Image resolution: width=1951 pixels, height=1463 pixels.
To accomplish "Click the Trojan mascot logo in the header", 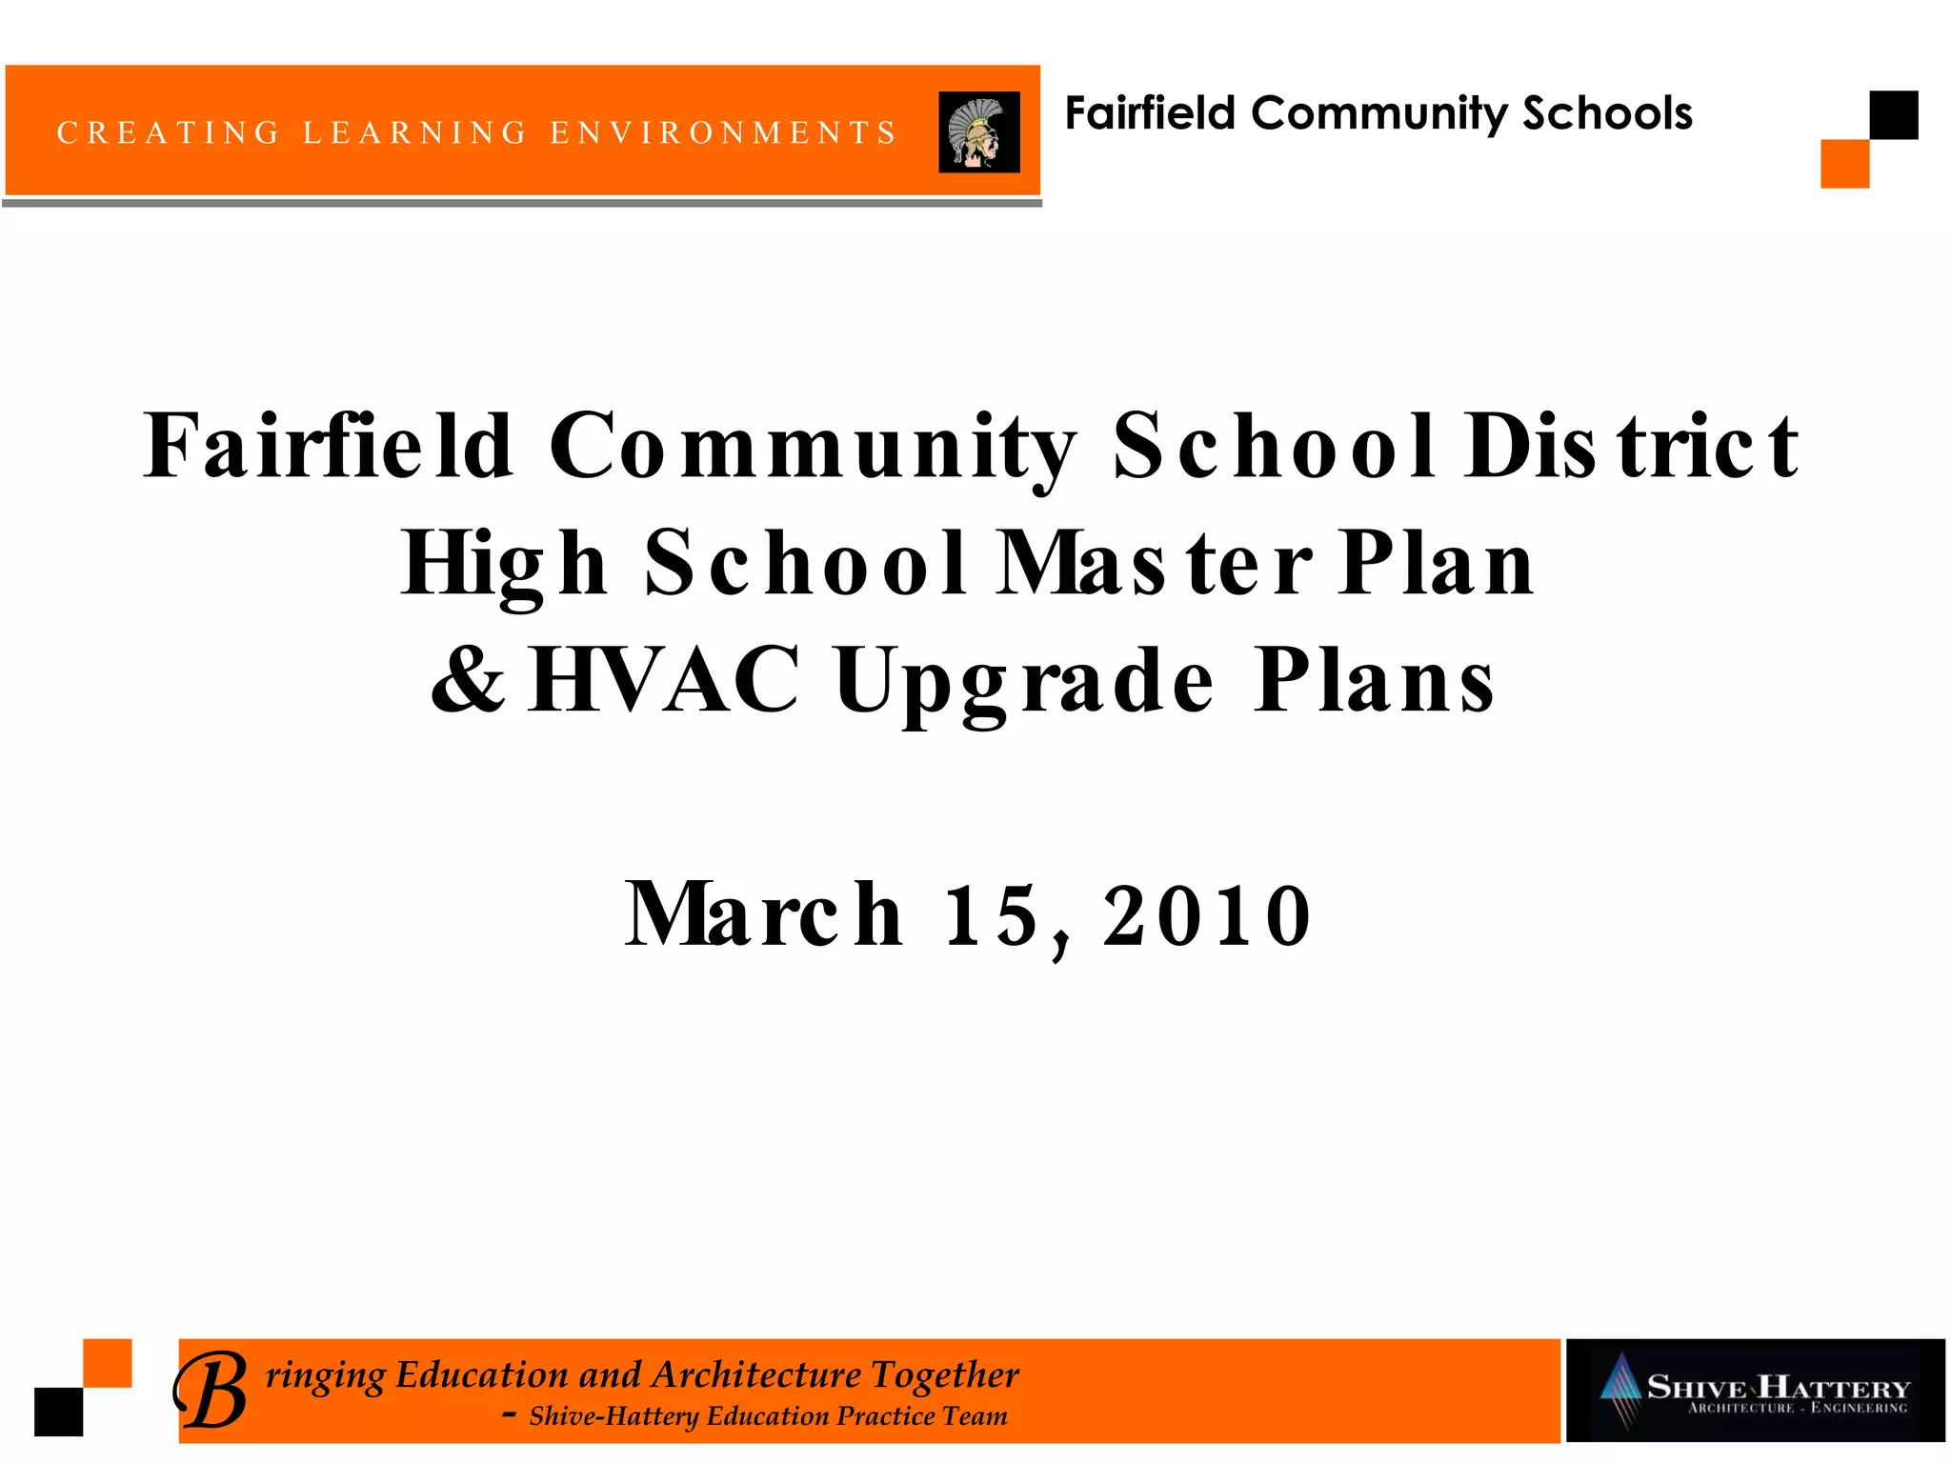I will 978,132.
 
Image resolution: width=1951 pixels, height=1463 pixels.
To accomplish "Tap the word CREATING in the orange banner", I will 169,132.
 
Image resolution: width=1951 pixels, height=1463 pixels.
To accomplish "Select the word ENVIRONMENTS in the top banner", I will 723,132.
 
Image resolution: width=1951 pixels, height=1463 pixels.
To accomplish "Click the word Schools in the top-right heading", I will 1607,113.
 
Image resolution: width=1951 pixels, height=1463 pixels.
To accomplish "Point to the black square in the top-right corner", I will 1893,115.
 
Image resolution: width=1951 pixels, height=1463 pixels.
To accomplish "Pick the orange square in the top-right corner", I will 1844,164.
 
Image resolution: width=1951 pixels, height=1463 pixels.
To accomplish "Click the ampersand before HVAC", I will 467,679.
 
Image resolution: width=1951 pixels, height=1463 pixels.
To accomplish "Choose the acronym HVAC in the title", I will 664,679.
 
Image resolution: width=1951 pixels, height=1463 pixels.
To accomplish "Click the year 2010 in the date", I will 1207,914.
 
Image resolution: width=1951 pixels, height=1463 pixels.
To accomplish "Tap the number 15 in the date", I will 991,914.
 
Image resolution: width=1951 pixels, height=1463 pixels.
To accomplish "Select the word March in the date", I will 763,914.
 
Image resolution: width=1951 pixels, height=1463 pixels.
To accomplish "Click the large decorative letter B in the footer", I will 211,1391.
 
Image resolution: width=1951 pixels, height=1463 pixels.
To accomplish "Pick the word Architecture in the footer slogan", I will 756,1374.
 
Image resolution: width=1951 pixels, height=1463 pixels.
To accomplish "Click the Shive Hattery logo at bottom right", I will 1755,1391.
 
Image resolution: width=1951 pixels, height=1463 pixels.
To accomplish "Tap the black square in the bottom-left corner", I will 59,1412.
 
